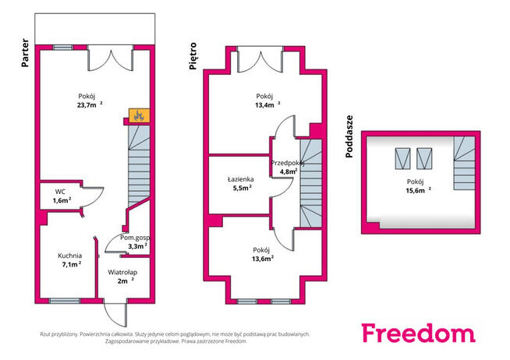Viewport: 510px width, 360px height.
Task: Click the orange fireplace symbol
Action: point(140,115)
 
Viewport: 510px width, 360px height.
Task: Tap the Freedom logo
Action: point(419,333)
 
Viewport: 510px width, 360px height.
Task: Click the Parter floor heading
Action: point(25,53)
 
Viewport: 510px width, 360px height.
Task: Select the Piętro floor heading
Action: point(193,56)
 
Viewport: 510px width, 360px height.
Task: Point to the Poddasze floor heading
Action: point(349,136)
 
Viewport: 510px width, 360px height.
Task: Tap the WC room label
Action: point(60,192)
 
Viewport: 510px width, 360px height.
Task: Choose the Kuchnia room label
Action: point(70,256)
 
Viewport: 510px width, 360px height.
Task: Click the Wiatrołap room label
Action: point(122,272)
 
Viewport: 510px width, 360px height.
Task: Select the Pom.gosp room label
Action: point(135,238)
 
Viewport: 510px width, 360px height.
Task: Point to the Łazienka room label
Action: point(241,179)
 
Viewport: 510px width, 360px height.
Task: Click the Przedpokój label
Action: point(288,163)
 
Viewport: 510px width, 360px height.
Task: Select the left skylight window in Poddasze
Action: point(402,159)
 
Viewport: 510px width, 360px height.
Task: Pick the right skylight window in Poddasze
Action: point(424,159)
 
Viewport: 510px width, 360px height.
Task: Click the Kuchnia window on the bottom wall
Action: point(65,301)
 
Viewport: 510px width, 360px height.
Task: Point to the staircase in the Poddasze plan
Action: point(465,163)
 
